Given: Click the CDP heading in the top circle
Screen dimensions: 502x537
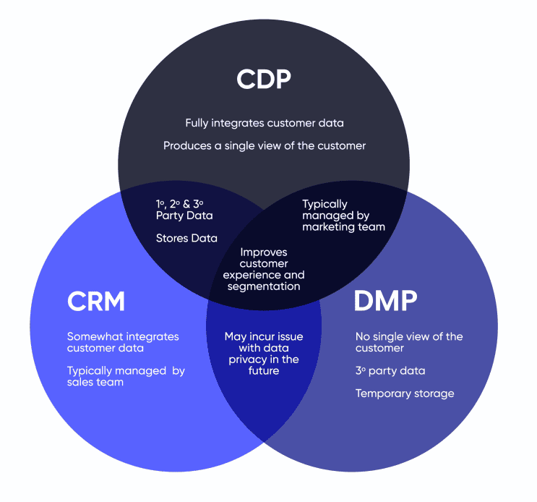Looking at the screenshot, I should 264,79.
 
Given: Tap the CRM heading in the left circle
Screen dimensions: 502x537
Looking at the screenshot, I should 96,302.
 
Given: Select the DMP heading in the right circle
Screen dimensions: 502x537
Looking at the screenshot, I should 385,302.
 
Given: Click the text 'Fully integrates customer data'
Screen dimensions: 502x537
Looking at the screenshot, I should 264,123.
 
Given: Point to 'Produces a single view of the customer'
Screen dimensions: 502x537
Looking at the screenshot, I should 264,145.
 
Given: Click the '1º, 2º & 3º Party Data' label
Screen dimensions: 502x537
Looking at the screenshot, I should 184,210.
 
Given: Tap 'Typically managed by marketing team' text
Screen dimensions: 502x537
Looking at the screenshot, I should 343,215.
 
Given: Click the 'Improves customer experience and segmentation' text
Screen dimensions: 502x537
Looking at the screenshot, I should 264,269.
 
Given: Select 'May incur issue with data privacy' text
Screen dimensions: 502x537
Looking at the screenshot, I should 264,354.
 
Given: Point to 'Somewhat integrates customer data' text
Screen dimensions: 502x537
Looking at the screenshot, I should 123,342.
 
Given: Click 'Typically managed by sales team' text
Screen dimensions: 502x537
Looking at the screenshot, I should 126,376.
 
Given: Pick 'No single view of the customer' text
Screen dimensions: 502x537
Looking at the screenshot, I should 409,342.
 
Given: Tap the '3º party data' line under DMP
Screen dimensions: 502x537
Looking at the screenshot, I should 390,371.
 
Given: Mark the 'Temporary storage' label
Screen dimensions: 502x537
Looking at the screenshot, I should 405,393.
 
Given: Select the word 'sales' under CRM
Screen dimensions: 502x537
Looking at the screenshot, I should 81,382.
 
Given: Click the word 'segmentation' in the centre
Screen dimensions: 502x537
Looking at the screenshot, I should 264,286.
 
